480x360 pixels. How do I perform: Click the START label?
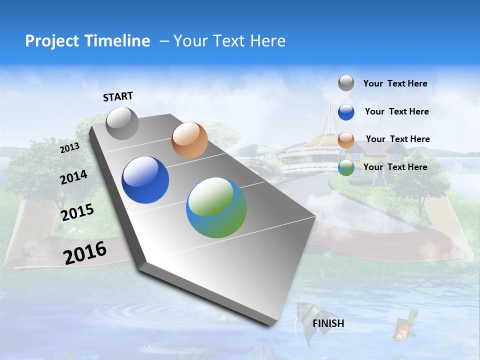pyautogui.click(x=118, y=96)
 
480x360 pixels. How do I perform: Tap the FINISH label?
pyautogui.click(x=328, y=323)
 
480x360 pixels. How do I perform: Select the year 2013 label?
pyautogui.click(x=69, y=148)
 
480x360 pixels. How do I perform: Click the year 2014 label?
pyautogui.click(x=73, y=177)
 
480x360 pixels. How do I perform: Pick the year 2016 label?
pyautogui.click(x=85, y=252)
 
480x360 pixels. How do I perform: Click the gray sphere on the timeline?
pyautogui.click(x=122, y=123)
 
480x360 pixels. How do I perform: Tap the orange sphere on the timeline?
pyautogui.click(x=189, y=140)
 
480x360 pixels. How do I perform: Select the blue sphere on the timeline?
pyautogui.click(x=145, y=180)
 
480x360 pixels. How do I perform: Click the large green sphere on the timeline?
pyautogui.click(x=216, y=207)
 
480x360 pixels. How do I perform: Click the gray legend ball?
pyautogui.click(x=346, y=83)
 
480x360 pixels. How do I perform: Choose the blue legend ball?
pyautogui.click(x=346, y=112)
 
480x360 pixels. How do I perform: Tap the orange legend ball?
pyautogui.click(x=346, y=140)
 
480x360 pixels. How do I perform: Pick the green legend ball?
pyautogui.click(x=346, y=168)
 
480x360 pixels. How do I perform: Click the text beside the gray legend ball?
pyautogui.click(x=395, y=83)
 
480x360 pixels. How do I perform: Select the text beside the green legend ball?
pyautogui.click(x=395, y=167)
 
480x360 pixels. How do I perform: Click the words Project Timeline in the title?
pyautogui.click(x=87, y=41)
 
